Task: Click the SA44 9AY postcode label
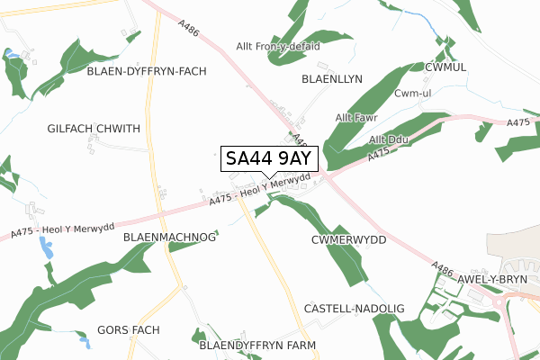pyautogui.click(x=268, y=159)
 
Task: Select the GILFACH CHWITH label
pyautogui.click(x=94, y=130)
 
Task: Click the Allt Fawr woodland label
pyautogui.click(x=356, y=117)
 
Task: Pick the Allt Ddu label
pyautogui.click(x=389, y=139)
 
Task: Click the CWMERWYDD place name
pyautogui.click(x=347, y=241)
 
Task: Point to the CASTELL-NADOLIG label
pyautogui.click(x=355, y=309)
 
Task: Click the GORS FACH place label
pyautogui.click(x=128, y=330)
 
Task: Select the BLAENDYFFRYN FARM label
pyautogui.click(x=257, y=345)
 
